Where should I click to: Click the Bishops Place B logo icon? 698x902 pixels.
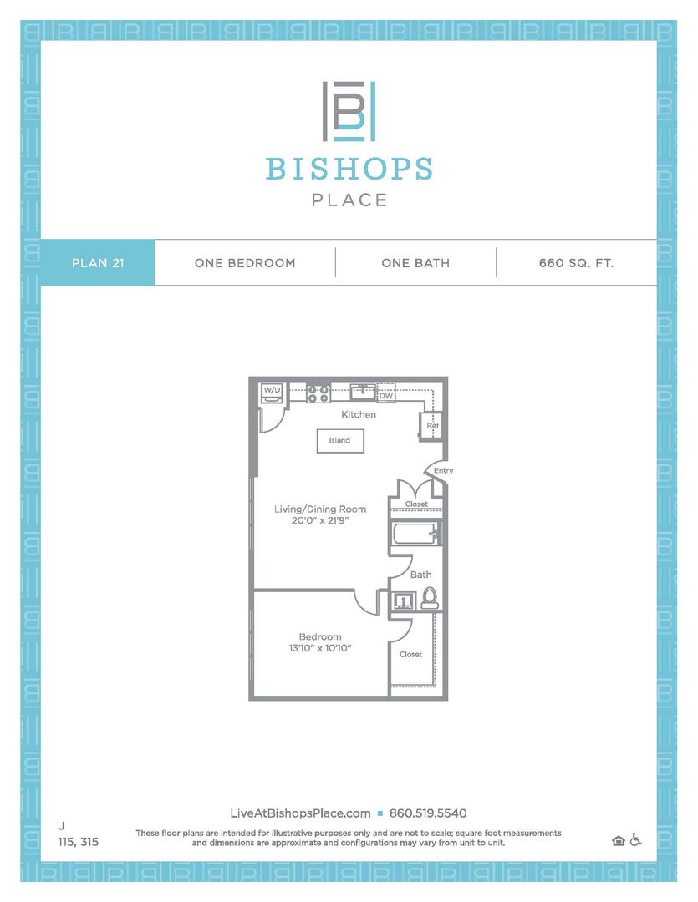click(349, 111)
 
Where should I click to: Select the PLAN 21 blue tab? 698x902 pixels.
click(98, 263)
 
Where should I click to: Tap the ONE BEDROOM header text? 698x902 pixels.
click(245, 263)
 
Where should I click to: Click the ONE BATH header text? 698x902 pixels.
click(415, 263)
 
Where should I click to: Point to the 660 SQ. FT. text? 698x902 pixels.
click(577, 263)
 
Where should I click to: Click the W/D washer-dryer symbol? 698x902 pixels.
click(273, 393)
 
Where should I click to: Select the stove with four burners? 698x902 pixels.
click(318, 393)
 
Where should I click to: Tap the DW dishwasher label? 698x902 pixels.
click(385, 397)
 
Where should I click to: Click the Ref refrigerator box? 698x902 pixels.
click(432, 426)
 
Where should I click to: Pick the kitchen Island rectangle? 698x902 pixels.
click(340, 440)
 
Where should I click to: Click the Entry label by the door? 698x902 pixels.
click(443, 471)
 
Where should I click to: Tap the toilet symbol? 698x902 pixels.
click(430, 597)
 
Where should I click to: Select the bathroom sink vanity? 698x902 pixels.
click(405, 600)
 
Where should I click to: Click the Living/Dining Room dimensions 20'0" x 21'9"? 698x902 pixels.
click(320, 520)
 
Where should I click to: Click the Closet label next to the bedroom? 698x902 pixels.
click(410, 655)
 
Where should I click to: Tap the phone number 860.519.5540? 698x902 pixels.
click(428, 813)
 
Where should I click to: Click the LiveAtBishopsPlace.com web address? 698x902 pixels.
click(300, 813)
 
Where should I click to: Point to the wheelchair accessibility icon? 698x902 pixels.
click(635, 839)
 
